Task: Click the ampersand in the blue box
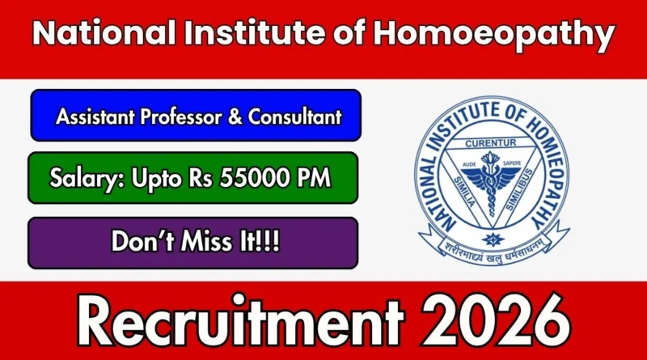(x=235, y=116)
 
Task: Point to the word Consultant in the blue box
(x=294, y=116)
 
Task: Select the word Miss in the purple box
(x=208, y=241)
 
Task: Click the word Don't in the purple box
(x=143, y=241)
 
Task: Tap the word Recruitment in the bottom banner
(x=240, y=321)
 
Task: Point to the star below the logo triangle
(x=491, y=239)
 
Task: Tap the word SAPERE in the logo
(x=512, y=163)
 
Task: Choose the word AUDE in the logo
(x=469, y=164)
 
